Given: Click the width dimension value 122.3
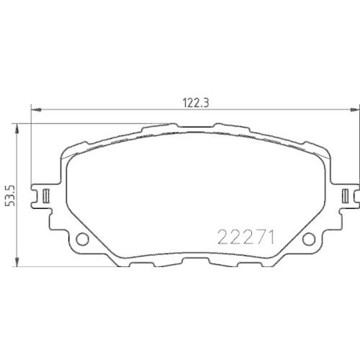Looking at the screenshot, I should (x=191, y=102).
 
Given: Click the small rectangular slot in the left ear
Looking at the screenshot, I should (x=45, y=194).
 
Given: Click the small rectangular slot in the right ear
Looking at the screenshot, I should (x=346, y=194).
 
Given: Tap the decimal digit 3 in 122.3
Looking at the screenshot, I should (x=206, y=102).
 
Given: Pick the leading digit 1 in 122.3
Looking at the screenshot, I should (x=177, y=102).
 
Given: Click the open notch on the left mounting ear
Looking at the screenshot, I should (x=36, y=194).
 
